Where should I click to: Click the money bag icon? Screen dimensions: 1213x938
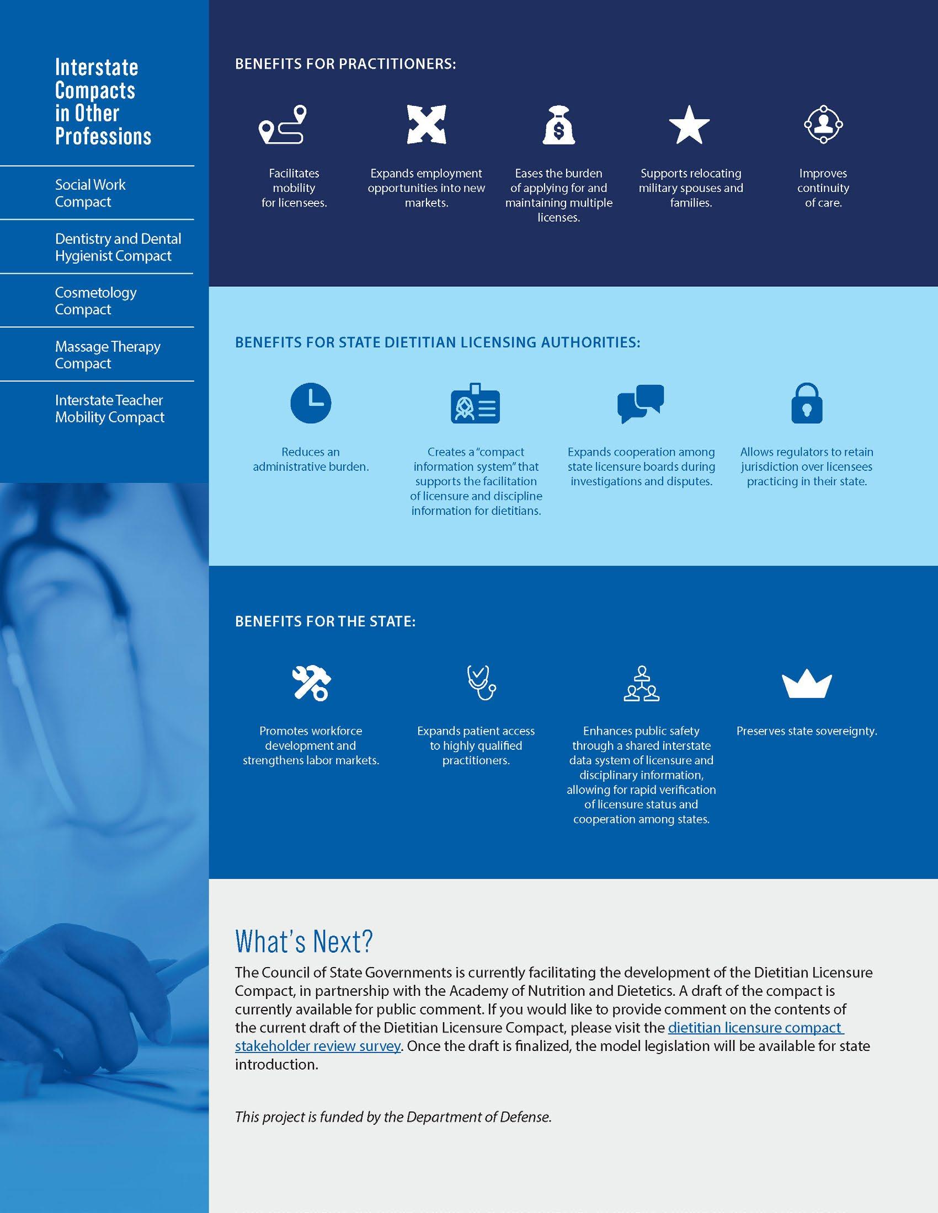[x=558, y=125]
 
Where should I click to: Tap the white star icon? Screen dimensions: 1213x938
[x=689, y=125]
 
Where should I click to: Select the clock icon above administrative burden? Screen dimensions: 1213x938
[x=311, y=402]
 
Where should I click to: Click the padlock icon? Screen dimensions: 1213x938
[x=806, y=403]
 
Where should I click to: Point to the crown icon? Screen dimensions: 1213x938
[x=806, y=685]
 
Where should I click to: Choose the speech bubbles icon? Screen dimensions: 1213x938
[x=641, y=403]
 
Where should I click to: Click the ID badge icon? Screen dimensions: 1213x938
[x=475, y=403]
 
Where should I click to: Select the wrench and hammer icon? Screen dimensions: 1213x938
[x=311, y=683]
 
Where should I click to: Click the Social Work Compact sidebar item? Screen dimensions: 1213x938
[x=90, y=193]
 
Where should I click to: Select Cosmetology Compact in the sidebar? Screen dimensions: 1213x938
[x=95, y=300]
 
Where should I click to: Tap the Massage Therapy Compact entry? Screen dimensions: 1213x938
[x=107, y=355]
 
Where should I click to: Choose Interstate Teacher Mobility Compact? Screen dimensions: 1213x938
[x=109, y=408]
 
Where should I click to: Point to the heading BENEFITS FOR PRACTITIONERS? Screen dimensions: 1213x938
[x=345, y=64]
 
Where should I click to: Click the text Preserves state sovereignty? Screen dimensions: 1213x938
[x=806, y=731]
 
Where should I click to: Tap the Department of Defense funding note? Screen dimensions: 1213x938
[x=393, y=1117]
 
